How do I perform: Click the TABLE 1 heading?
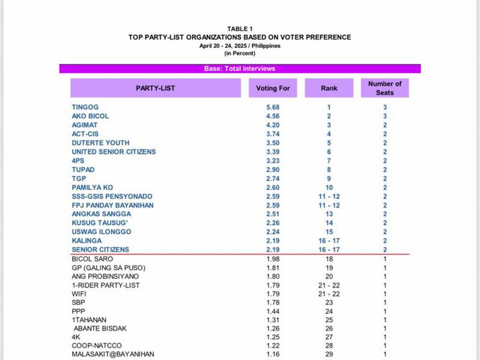pos(239,29)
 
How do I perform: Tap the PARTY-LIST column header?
pos(155,88)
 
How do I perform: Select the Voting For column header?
pos(273,88)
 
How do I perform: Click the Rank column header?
pos(329,88)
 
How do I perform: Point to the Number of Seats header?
pos(385,88)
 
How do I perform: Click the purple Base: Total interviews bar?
pos(239,68)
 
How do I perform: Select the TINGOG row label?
pos(85,107)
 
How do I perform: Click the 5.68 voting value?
pos(273,107)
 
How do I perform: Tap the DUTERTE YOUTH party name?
pos(100,143)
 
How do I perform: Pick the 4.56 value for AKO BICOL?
pos(273,116)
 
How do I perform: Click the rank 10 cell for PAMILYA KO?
pos(329,187)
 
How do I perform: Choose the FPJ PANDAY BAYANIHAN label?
pos(112,205)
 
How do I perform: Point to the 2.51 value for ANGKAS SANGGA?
pos(273,214)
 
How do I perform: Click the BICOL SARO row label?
pos(92,259)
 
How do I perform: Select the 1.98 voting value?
pos(273,259)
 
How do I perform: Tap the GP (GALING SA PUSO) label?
pos(108,268)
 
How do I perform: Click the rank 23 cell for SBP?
pos(329,303)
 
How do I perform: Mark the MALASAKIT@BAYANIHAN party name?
pos(113,354)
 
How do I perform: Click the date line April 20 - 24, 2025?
pos(239,46)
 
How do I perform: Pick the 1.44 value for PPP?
pos(273,312)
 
